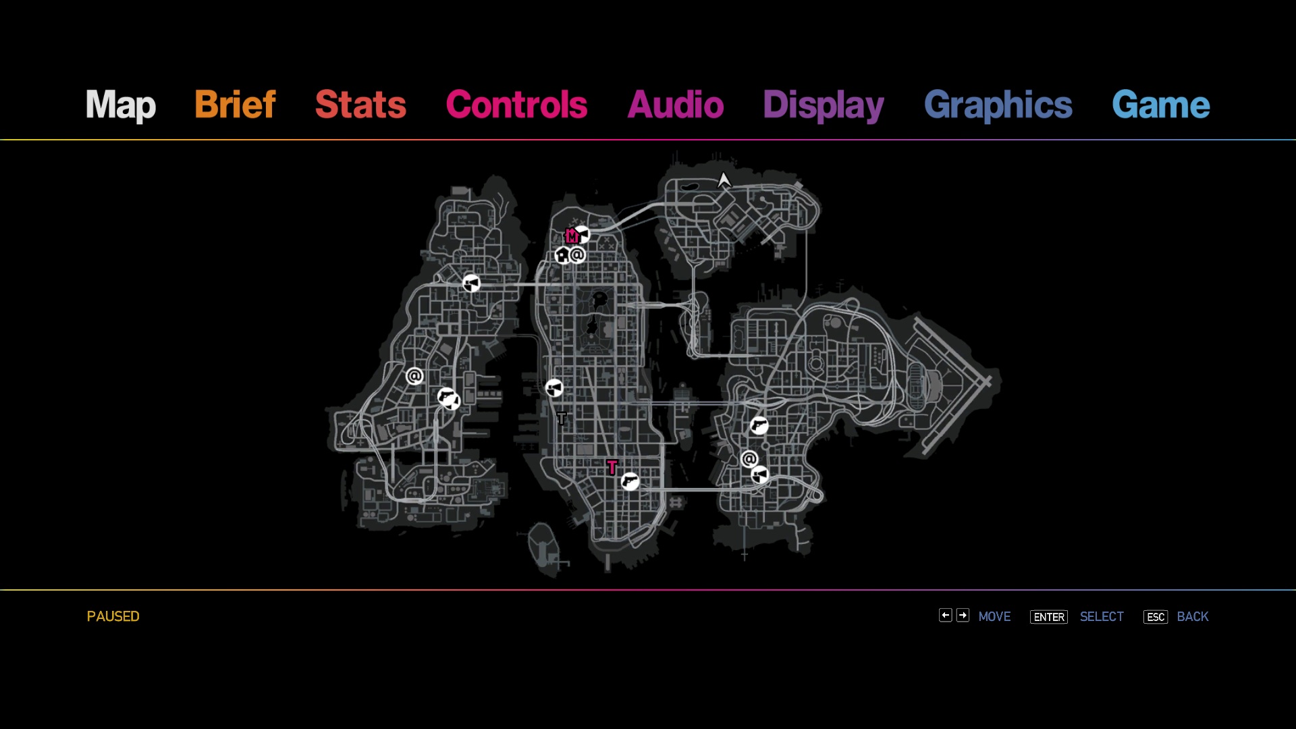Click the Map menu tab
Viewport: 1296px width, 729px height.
(121, 105)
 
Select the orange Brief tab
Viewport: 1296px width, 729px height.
(235, 105)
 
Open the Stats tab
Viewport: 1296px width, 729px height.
(361, 105)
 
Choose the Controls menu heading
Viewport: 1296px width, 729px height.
(516, 105)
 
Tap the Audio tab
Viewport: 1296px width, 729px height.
(676, 105)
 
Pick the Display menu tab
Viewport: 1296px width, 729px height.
(823, 105)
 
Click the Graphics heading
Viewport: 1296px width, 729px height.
(998, 105)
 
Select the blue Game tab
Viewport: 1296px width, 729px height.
(1161, 105)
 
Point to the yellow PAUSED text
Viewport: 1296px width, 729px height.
(113, 616)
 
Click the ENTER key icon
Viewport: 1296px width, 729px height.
(1049, 617)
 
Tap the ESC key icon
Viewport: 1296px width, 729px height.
(1156, 617)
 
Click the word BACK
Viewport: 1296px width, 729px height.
(1193, 616)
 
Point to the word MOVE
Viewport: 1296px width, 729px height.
(994, 616)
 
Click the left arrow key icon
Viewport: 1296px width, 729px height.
(945, 615)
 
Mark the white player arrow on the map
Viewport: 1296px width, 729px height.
(724, 180)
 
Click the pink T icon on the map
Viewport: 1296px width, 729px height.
(612, 466)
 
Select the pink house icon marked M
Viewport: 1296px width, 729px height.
(572, 236)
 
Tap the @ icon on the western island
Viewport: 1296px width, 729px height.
(414, 376)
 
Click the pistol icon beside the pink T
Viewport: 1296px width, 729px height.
(630, 481)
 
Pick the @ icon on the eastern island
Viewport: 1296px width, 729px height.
(749, 459)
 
